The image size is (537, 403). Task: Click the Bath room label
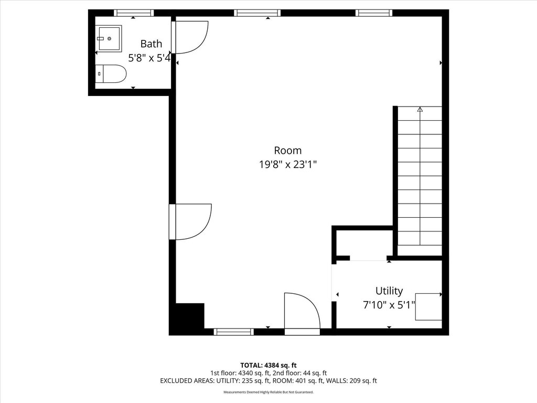pyautogui.click(x=151, y=44)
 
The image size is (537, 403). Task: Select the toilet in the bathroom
pyautogui.click(x=111, y=73)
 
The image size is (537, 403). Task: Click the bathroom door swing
pyautogui.click(x=190, y=37)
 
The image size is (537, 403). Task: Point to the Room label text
pyautogui.click(x=288, y=151)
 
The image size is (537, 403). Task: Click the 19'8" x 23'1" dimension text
pyautogui.click(x=288, y=165)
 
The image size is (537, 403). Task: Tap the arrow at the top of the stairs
pyautogui.click(x=420, y=109)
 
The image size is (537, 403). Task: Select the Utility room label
pyautogui.click(x=389, y=291)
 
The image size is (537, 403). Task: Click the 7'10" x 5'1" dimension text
pyautogui.click(x=389, y=305)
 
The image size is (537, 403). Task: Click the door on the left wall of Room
pyautogui.click(x=190, y=221)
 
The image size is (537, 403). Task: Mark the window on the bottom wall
pyautogui.click(x=234, y=332)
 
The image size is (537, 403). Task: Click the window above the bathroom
pyautogui.click(x=134, y=13)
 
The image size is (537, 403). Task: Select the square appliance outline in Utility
pyautogui.click(x=428, y=306)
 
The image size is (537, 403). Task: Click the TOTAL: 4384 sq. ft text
pyautogui.click(x=268, y=365)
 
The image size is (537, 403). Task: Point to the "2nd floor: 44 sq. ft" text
pyautogui.click(x=299, y=373)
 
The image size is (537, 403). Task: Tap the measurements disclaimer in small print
pyautogui.click(x=268, y=392)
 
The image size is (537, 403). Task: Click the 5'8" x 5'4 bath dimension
pyautogui.click(x=149, y=58)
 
